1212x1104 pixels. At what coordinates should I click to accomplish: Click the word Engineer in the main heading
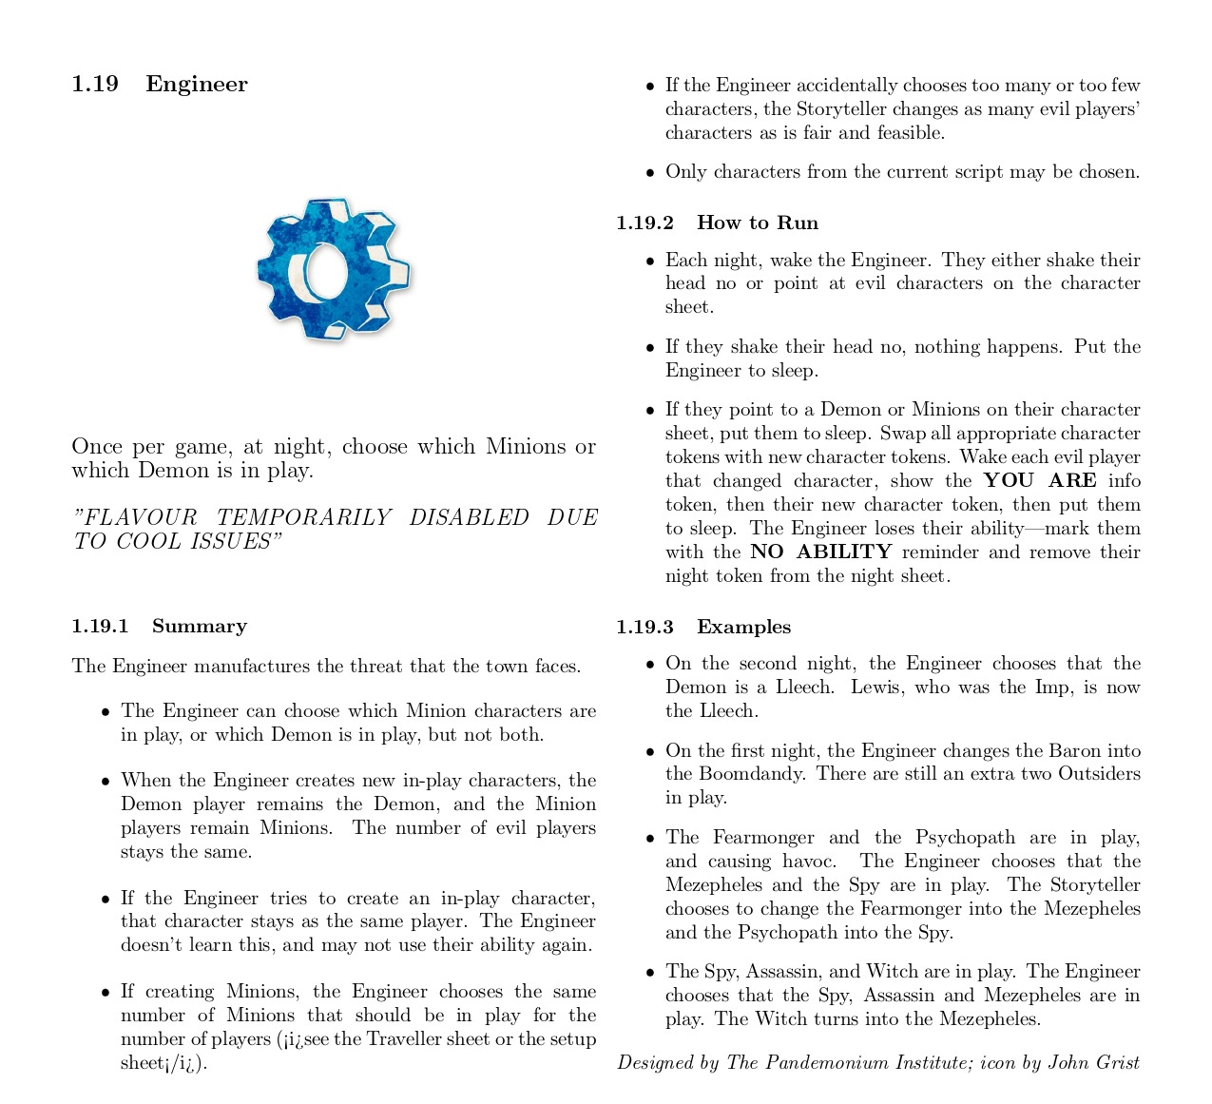196,84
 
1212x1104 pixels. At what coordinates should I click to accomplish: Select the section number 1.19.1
100,626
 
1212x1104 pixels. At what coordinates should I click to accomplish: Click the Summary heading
200,626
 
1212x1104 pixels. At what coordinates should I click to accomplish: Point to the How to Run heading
757,223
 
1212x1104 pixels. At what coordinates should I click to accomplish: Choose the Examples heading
743,627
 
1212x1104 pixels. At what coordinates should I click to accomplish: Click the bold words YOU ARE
1040,480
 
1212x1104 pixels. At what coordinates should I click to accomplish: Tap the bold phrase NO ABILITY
820,552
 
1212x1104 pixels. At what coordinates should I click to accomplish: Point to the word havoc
806,861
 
